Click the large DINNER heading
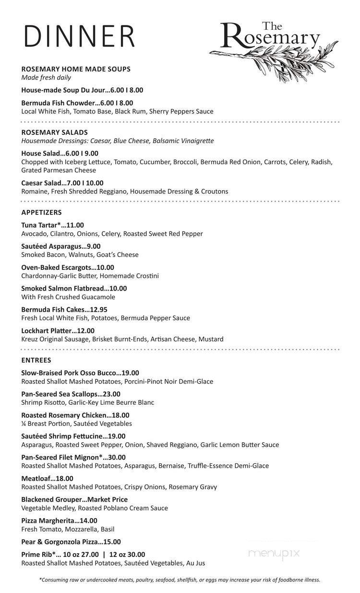tap(80, 36)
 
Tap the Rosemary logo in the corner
tap(274, 48)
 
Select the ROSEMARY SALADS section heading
tap(54, 132)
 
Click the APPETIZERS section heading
tap(41, 212)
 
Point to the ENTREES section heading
tap(36, 360)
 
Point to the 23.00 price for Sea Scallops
tap(111, 394)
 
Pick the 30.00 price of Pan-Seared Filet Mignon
tap(116, 458)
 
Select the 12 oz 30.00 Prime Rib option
tap(127, 555)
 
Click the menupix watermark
tap(274, 554)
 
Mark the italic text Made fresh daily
tap(46, 78)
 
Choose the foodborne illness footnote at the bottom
tap(180, 580)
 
